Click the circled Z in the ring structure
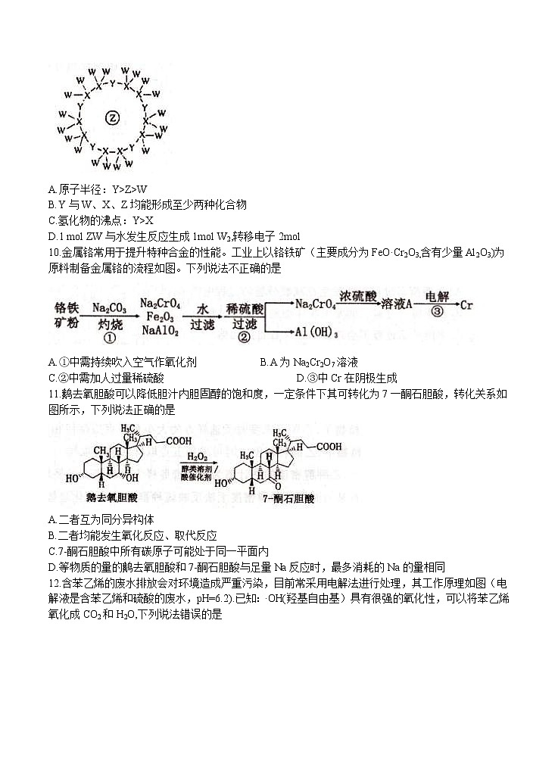pos(112,118)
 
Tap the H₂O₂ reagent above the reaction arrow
pos(199,457)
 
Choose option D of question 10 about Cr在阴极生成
pos(348,378)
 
